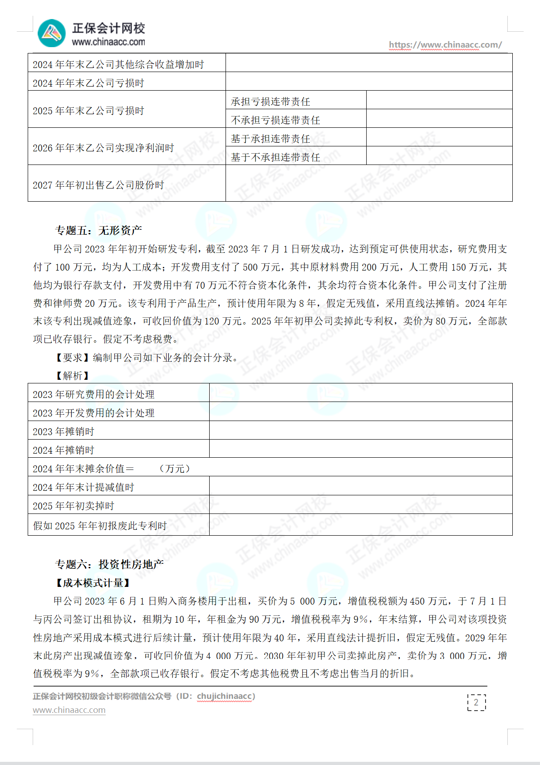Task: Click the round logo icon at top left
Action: (52, 33)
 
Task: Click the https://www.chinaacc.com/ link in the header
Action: (445, 45)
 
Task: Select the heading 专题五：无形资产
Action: (98, 231)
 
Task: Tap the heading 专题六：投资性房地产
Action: (109, 564)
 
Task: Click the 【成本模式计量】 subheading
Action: (93, 583)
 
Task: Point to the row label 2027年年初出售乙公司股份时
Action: (98, 185)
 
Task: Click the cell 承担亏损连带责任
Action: (270, 102)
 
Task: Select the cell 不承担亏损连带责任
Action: (275, 120)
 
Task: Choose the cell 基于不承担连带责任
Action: (275, 157)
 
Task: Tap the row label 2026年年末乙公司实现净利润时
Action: (103, 148)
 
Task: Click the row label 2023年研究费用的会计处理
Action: (93, 395)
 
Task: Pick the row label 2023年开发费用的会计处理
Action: (93, 413)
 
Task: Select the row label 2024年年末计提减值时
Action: (83, 488)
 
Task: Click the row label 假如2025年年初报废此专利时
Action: (100, 526)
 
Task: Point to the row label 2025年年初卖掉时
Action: (74, 506)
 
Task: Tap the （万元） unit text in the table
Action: (175, 469)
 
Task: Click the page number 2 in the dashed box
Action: (476, 702)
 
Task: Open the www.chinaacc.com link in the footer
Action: (69, 710)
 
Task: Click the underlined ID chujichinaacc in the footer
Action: (224, 696)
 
